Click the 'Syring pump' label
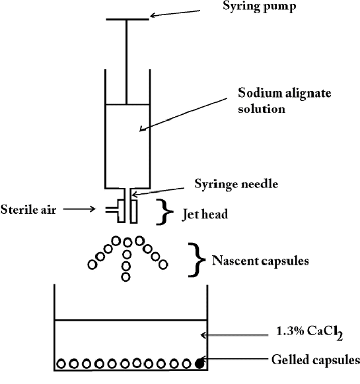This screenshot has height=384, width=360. coord(259,7)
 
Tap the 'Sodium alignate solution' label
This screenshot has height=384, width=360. coord(285,100)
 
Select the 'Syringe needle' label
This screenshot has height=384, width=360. coord(236,184)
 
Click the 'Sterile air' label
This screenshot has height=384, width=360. coord(28,210)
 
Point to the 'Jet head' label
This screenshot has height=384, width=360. coord(205,214)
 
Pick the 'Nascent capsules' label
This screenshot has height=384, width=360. coord(260,261)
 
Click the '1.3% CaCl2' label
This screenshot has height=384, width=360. coord(309,333)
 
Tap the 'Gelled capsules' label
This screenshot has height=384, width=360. coord(316,360)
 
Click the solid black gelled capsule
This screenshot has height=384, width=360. coord(199,364)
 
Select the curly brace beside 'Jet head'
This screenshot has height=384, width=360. coord(164,212)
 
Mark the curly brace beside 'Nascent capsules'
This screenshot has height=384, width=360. coord(197,260)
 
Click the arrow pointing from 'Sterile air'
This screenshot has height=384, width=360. coord(79,209)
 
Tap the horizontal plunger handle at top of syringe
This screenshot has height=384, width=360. coord(127,19)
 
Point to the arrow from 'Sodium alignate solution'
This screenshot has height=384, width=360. coord(184,115)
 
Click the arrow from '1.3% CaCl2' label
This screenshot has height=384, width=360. coord(234,335)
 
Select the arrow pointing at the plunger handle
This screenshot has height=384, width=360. coord(175,13)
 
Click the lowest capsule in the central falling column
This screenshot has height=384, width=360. coord(126,277)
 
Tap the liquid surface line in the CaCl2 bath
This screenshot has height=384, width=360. coord(131,320)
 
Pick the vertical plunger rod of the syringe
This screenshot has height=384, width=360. coord(127,62)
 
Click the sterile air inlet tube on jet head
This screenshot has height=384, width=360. coord(112,210)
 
